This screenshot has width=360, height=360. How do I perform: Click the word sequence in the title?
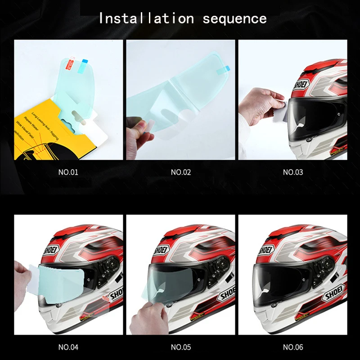coord(234,19)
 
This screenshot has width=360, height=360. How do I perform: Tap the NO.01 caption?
coord(68,172)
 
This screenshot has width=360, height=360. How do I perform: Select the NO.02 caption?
coord(181,172)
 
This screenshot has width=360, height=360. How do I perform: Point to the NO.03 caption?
coord(293,172)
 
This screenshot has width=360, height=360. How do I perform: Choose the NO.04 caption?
coord(68,347)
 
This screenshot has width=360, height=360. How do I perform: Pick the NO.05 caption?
coord(181,347)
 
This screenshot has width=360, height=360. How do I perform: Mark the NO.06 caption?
coord(293,347)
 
